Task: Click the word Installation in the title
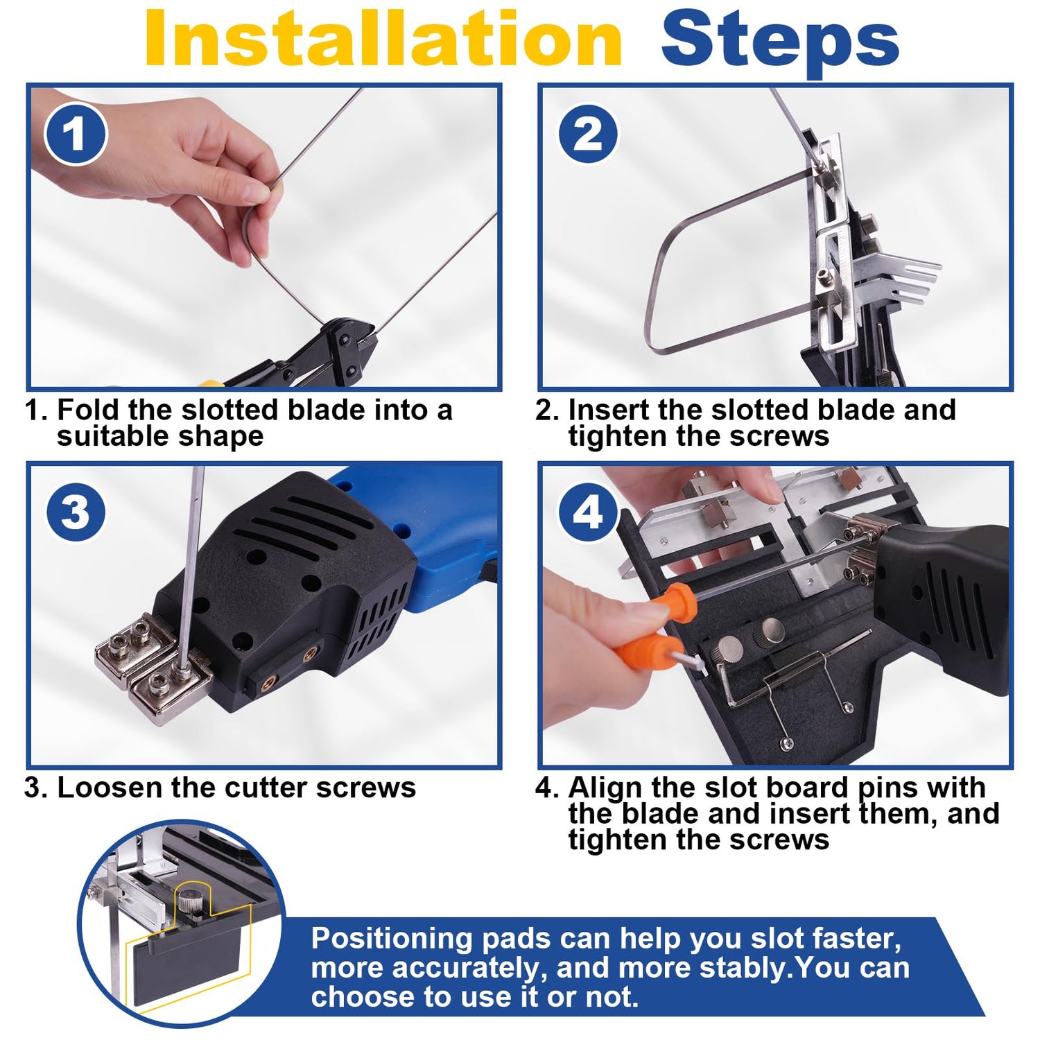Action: pos(383,39)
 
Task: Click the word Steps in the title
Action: pos(780,42)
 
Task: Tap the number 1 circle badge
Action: pos(76,134)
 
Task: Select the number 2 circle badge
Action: pos(588,133)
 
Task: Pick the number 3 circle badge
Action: pos(76,512)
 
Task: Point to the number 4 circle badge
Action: pos(588,513)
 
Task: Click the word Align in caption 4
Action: pos(606,788)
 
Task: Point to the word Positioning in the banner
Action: pos(392,939)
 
